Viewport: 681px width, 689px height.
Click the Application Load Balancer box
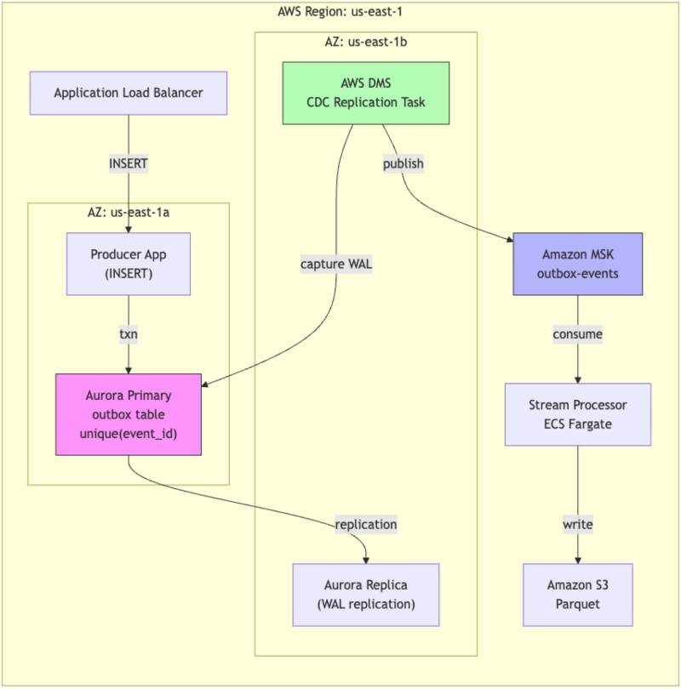click(129, 94)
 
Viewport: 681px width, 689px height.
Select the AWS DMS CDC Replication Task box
click(366, 94)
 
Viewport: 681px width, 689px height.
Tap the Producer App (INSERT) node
click(129, 264)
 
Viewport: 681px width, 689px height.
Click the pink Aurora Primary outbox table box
click(129, 414)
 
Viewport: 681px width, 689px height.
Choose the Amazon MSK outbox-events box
click(578, 264)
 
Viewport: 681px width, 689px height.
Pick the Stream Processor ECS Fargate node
click(578, 414)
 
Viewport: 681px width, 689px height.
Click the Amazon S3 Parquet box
click(578, 595)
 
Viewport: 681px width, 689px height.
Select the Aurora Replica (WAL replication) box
click(366, 595)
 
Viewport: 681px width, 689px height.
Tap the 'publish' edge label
click(403, 164)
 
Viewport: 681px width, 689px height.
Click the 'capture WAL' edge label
click(336, 264)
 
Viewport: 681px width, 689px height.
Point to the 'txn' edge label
click(129, 334)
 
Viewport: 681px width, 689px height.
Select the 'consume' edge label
click(578, 334)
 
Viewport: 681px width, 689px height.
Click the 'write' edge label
click(578, 524)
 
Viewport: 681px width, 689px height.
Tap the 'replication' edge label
click(366, 524)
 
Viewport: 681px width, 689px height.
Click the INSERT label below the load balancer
click(129, 164)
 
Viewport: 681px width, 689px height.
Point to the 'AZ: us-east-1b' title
click(366, 43)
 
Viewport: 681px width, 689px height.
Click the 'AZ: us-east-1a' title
click(129, 213)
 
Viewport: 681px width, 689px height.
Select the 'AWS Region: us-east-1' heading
click(340, 11)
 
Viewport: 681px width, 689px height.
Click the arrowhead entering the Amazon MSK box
click(510, 240)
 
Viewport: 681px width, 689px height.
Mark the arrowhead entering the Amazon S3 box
click(578, 561)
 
